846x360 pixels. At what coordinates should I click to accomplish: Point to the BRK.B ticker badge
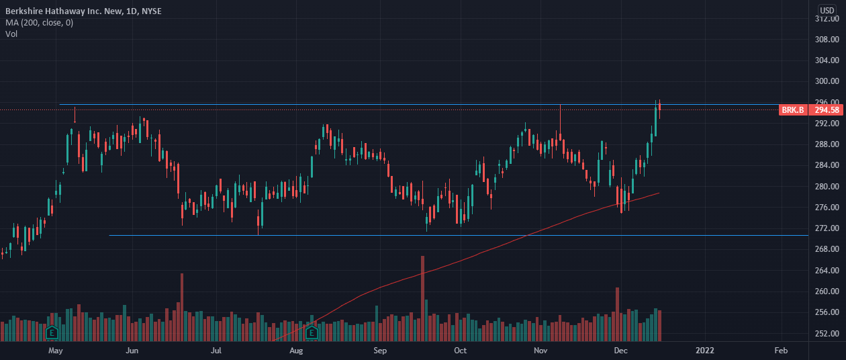(x=792, y=109)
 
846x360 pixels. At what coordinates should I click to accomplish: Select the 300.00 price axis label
(x=827, y=81)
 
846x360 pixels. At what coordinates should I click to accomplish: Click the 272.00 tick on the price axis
(x=827, y=228)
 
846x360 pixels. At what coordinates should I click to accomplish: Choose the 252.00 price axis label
(x=827, y=333)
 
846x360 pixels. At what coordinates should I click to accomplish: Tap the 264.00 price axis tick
(x=827, y=271)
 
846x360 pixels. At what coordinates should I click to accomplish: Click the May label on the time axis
(x=56, y=351)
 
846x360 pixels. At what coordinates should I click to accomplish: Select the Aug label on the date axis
(x=297, y=351)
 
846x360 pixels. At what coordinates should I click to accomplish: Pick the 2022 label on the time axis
(x=705, y=351)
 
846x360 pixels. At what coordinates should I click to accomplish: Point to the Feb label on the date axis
(x=781, y=351)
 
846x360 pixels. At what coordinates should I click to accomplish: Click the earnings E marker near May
(x=52, y=332)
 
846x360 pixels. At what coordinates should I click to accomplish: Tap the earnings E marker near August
(x=312, y=332)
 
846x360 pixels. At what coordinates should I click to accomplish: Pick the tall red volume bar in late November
(x=617, y=314)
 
